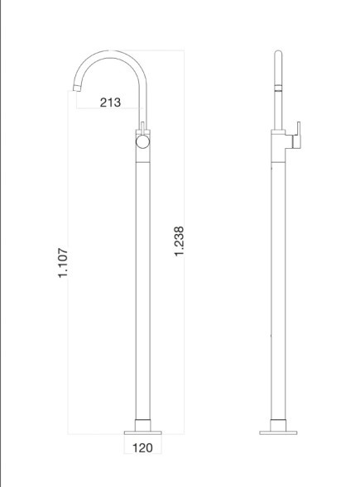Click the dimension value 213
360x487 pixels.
pyautogui.click(x=110, y=103)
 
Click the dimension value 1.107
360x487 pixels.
pyautogui.click(x=62, y=262)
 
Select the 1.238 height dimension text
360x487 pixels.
pyautogui.click(x=180, y=241)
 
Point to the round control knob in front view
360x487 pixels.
pyautogui.click(x=143, y=143)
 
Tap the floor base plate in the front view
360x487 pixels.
pyautogui.click(x=142, y=431)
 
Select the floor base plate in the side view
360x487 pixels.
pyautogui.click(x=278, y=431)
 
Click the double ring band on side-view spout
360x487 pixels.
pyautogui.click(x=278, y=84)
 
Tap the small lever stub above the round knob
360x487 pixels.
pyautogui.click(x=143, y=127)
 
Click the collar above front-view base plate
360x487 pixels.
pyautogui.click(x=142, y=421)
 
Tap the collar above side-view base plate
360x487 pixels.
pyautogui.click(x=278, y=421)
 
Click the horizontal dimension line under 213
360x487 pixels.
pyautogui.click(x=110, y=111)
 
